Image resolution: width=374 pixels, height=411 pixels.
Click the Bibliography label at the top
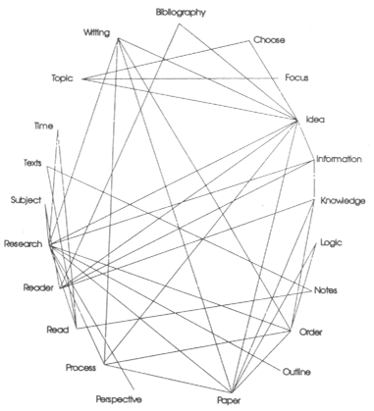185,11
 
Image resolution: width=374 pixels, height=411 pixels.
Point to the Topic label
63,77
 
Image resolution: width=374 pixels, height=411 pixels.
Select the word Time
43,127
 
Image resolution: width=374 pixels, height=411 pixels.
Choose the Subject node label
26,200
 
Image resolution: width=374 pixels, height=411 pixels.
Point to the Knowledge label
343,200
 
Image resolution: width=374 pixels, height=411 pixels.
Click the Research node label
23,243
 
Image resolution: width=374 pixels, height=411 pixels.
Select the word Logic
331,241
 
